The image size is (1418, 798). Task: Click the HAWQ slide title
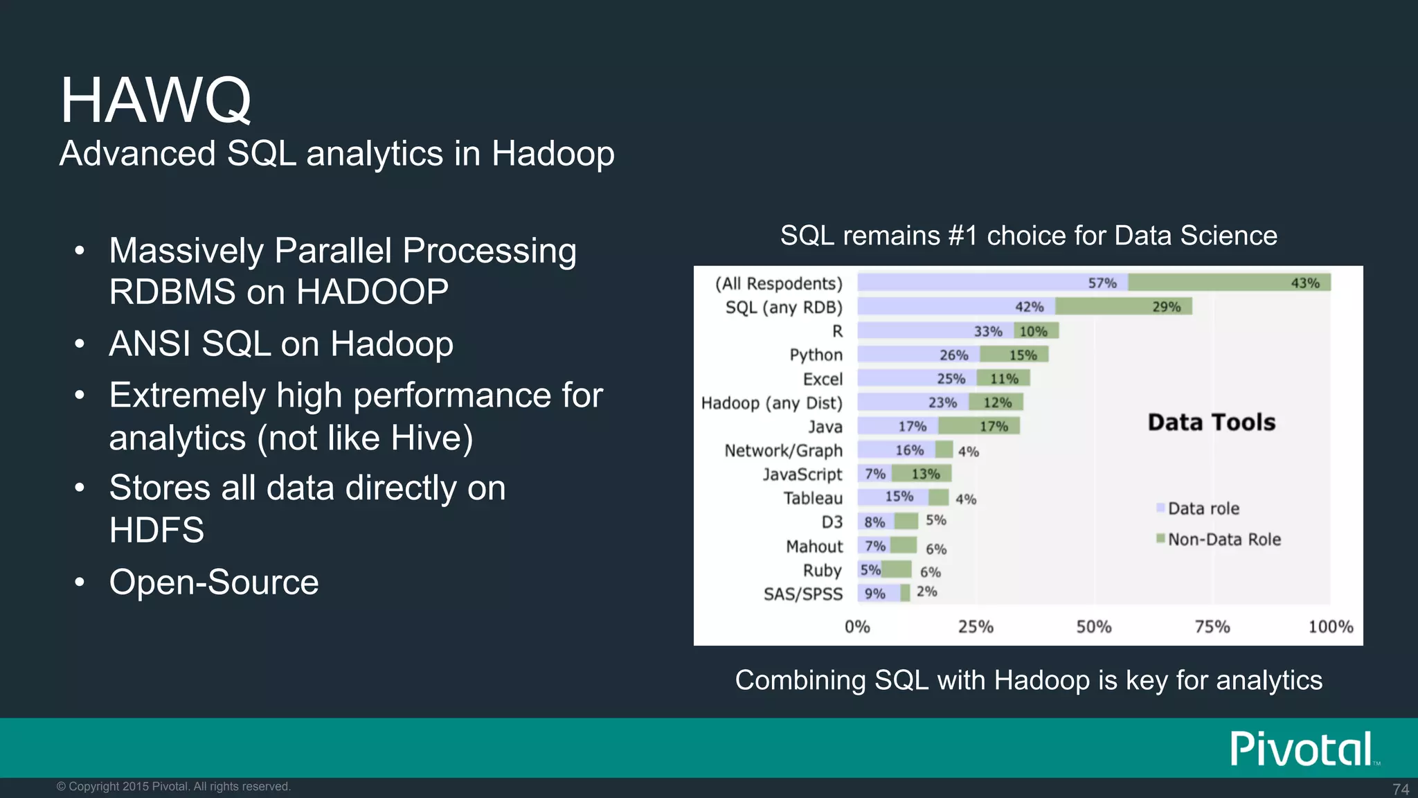tap(156, 101)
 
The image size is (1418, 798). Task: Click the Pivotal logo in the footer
tap(1302, 749)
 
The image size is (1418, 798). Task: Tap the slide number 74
tap(1400, 789)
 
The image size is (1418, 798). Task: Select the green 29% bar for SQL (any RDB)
tap(1123, 307)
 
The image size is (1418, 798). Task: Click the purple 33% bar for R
tap(935, 331)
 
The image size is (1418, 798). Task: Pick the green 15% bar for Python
tap(1014, 355)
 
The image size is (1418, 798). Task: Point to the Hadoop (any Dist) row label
tap(771, 403)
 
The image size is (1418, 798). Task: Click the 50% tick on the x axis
tap(1093, 627)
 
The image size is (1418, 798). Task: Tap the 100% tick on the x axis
tap(1330, 627)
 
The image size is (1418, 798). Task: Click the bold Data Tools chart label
tap(1211, 423)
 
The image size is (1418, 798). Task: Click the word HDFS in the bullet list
tap(157, 531)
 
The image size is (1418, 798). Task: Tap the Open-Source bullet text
tap(214, 583)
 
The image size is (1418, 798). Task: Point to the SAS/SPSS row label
tap(803, 594)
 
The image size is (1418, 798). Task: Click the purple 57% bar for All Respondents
tap(992, 283)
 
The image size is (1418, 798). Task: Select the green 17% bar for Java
tap(979, 427)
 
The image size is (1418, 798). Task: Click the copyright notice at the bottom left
tap(174, 787)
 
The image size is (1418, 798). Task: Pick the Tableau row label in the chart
tap(813, 499)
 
